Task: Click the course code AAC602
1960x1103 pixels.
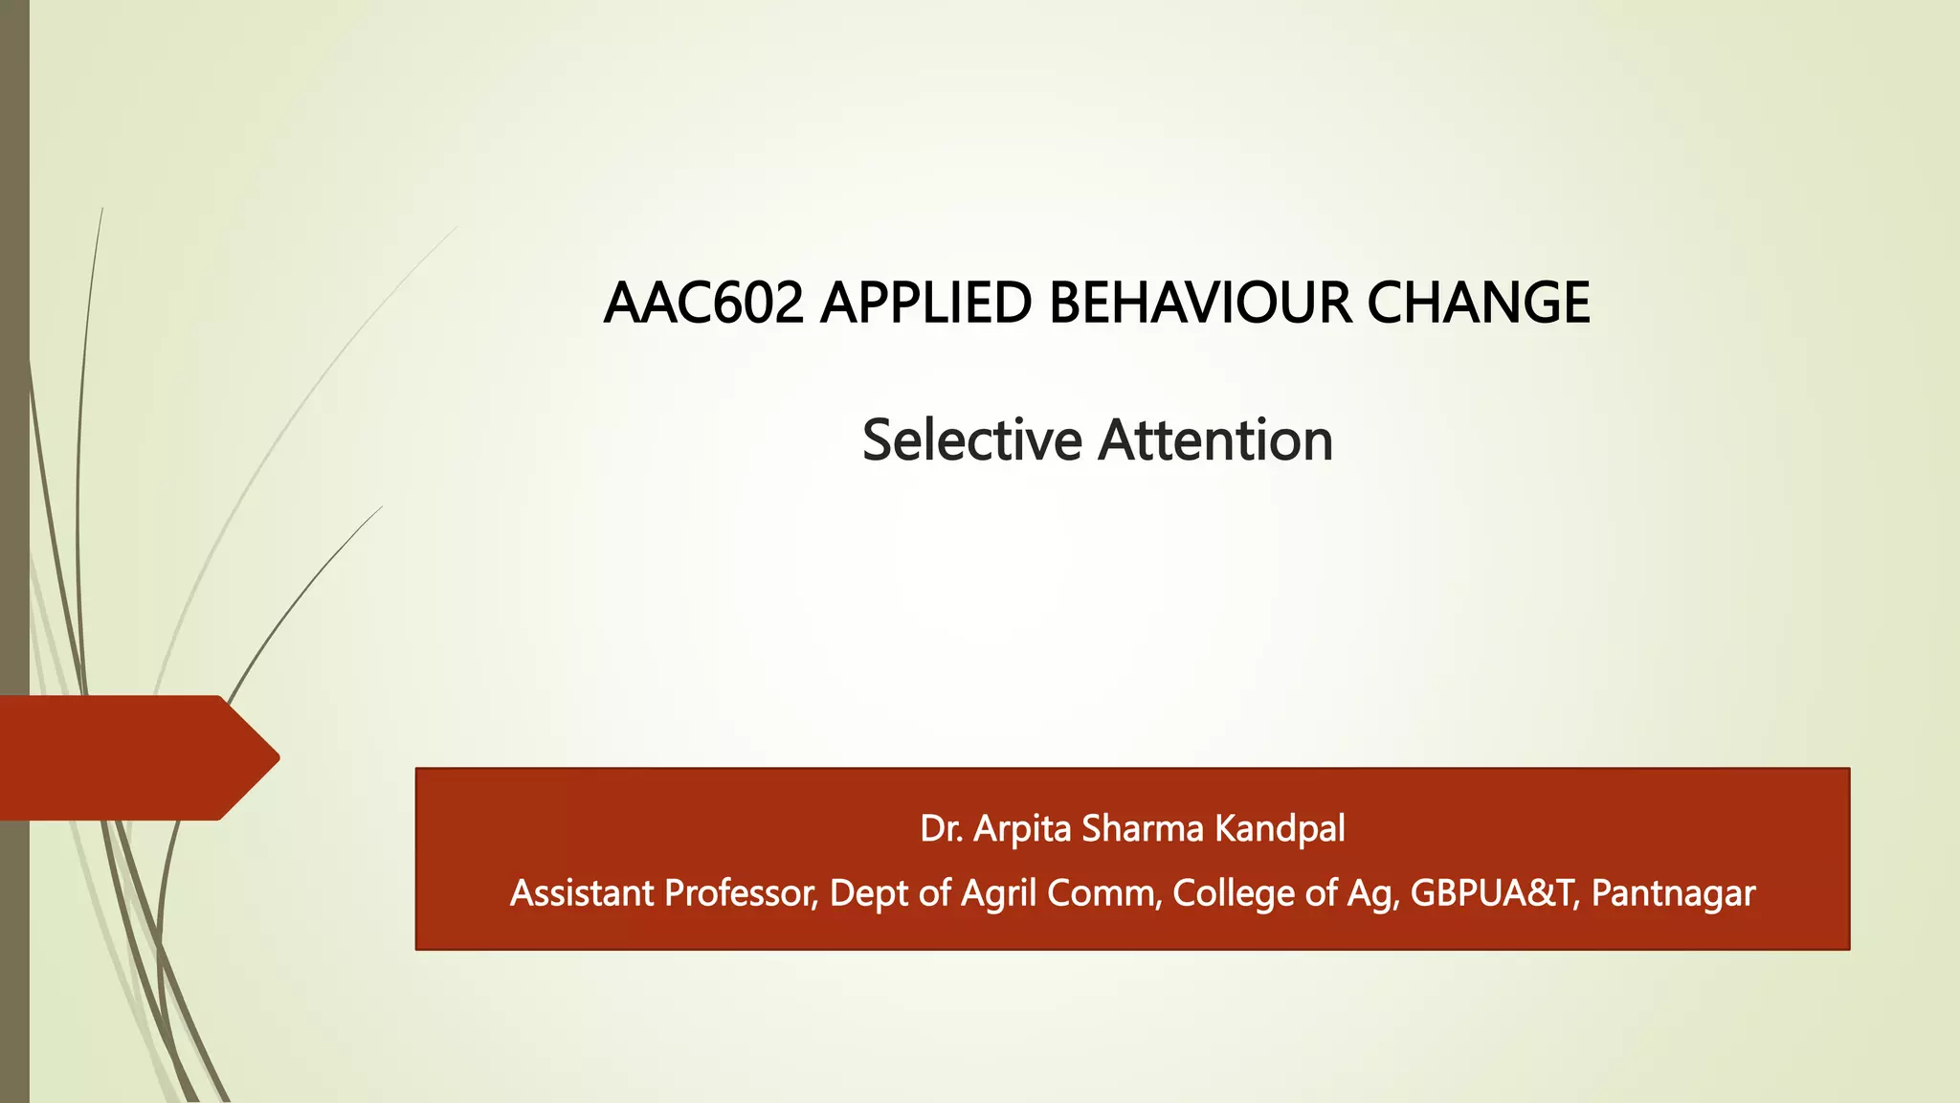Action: tap(703, 304)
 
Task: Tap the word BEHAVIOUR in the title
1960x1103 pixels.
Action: tap(1200, 304)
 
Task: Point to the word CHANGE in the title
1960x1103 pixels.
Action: tap(1479, 304)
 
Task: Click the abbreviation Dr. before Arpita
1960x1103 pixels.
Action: tap(942, 829)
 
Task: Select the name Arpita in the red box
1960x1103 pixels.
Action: tap(1022, 829)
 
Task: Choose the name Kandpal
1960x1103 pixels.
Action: tap(1280, 829)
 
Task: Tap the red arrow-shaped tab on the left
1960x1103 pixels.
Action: tap(134, 757)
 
